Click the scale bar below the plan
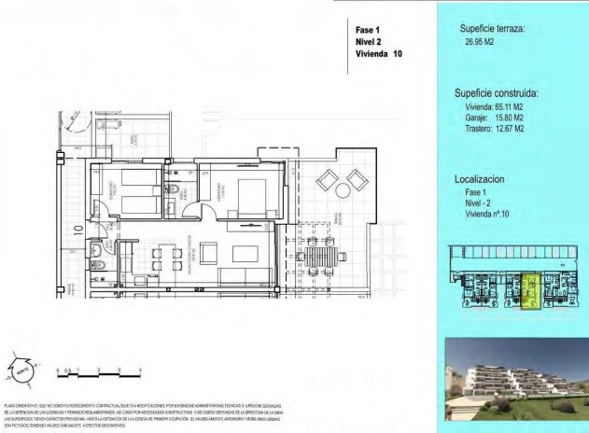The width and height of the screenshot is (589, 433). [x=99, y=371]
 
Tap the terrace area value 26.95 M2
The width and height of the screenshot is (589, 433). [x=477, y=42]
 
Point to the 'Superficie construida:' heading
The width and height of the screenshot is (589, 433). [x=497, y=94]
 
